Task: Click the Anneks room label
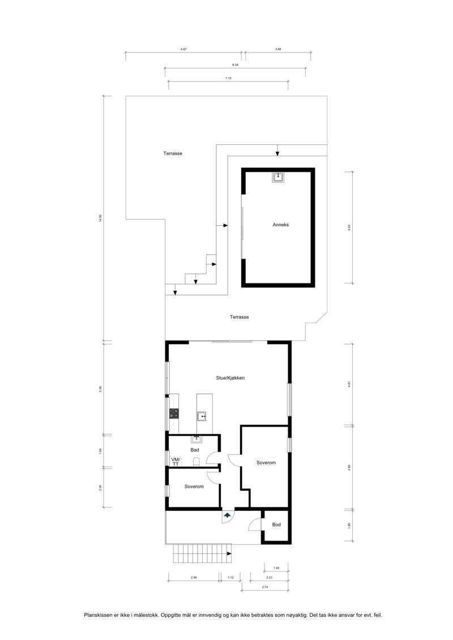(281, 225)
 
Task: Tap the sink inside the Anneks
(278, 177)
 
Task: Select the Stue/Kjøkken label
(230, 378)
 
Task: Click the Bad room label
(195, 450)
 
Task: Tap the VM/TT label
(175, 461)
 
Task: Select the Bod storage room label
(276, 525)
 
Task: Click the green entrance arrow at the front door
(228, 516)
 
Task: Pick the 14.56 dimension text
(100, 218)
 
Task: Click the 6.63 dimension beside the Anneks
(349, 227)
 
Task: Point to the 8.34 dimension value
(235, 65)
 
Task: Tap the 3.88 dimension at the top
(278, 50)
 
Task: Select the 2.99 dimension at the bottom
(194, 577)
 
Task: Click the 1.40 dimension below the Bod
(276, 567)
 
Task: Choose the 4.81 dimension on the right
(349, 384)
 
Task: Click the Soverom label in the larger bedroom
(266, 463)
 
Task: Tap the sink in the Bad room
(197, 438)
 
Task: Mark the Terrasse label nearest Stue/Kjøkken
(240, 317)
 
